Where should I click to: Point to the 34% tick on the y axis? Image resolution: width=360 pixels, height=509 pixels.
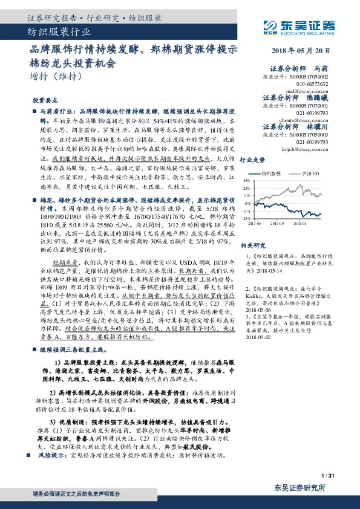coord(246,180)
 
